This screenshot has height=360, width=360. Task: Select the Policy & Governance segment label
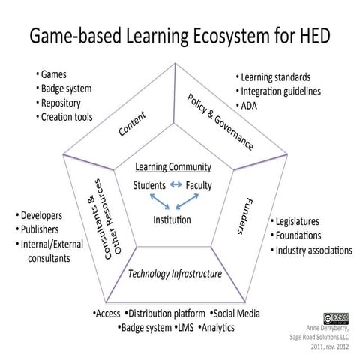(218, 121)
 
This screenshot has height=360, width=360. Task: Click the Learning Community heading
(173, 166)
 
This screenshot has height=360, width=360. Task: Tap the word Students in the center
(148, 184)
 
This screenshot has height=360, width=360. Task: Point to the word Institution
(172, 221)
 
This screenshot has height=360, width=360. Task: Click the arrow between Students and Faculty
(175, 184)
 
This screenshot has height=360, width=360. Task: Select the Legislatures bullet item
(298, 222)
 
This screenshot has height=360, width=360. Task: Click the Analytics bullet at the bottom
(217, 328)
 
